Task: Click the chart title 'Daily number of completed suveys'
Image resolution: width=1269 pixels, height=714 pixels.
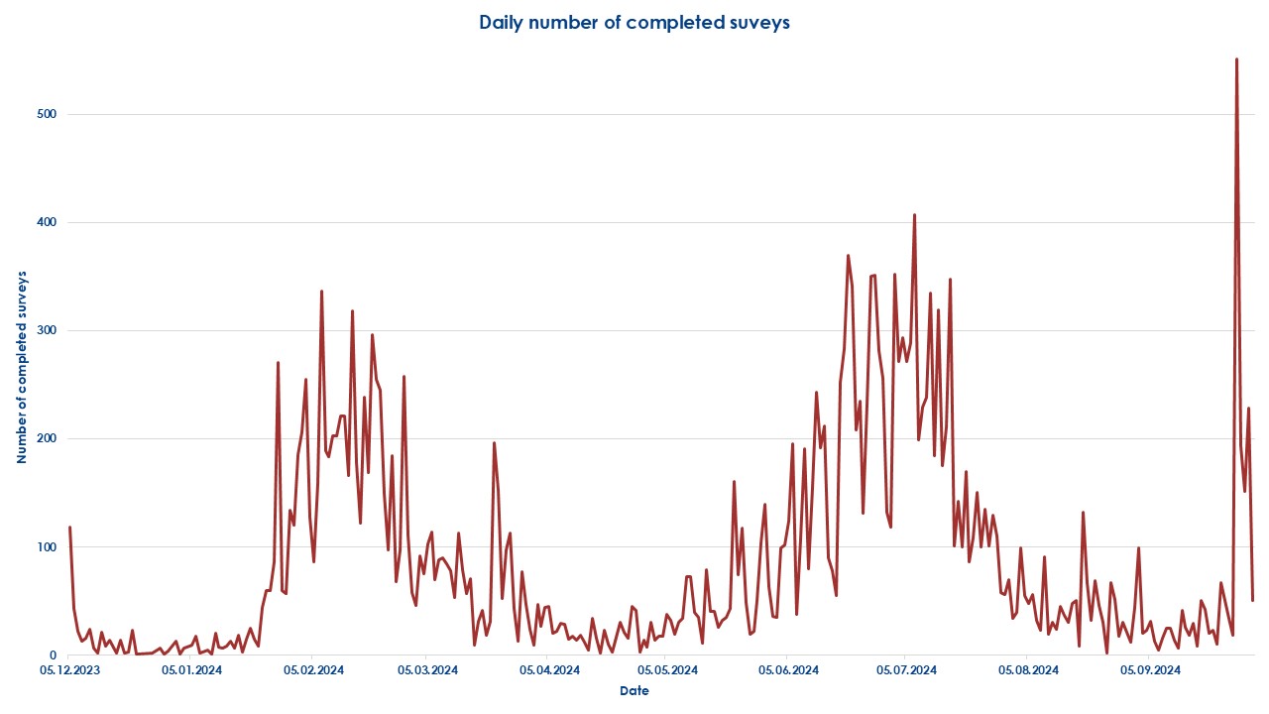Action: pos(634,23)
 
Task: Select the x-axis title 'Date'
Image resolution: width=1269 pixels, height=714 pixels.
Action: pos(634,690)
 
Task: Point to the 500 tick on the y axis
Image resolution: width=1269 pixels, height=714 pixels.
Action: pos(47,114)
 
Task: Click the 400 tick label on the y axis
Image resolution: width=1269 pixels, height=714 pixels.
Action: pos(47,222)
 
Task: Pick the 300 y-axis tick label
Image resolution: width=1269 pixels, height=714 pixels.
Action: pos(47,330)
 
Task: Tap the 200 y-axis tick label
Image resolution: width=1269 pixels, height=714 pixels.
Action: pos(47,438)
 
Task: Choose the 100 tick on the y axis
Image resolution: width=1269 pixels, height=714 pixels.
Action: pos(47,546)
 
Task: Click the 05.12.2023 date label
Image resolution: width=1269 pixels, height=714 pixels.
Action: pos(67,671)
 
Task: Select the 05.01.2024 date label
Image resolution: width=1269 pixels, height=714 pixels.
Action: pos(192,671)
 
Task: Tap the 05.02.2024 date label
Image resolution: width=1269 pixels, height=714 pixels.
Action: pos(313,671)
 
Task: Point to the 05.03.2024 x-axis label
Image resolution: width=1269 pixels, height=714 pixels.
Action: pos(427,671)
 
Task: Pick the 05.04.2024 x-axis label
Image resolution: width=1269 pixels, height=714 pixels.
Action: pos(549,671)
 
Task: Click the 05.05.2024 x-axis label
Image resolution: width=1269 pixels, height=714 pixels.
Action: pos(667,671)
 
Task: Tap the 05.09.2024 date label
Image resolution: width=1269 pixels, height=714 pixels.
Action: pos(1150,671)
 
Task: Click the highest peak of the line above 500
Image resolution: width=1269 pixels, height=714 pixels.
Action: pos(1236,59)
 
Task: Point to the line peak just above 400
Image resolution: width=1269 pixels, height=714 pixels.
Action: pos(914,215)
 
